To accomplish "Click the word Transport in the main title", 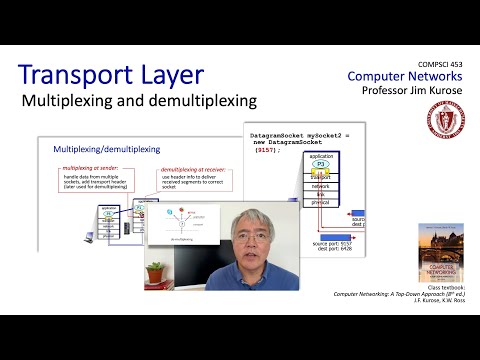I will click(x=83, y=78).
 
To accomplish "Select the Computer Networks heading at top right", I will click(x=405, y=76).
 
